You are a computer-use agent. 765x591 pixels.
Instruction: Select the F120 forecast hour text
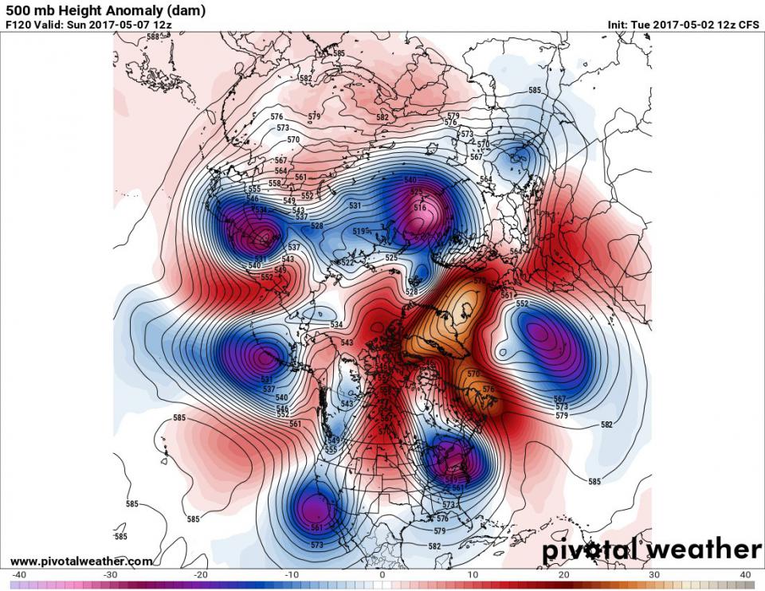point(18,25)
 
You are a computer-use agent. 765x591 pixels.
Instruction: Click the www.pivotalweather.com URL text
point(81,562)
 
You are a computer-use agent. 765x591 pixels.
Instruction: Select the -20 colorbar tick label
point(201,575)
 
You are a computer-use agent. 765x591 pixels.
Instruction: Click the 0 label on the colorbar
point(382,575)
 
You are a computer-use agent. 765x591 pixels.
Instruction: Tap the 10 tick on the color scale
point(473,575)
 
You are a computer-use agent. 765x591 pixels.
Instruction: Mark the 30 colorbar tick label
point(654,575)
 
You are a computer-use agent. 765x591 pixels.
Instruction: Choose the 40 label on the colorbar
point(745,575)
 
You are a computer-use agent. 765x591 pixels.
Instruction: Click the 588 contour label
point(152,37)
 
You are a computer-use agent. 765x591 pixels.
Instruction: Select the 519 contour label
point(359,232)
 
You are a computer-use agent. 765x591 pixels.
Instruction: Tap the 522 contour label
point(347,262)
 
